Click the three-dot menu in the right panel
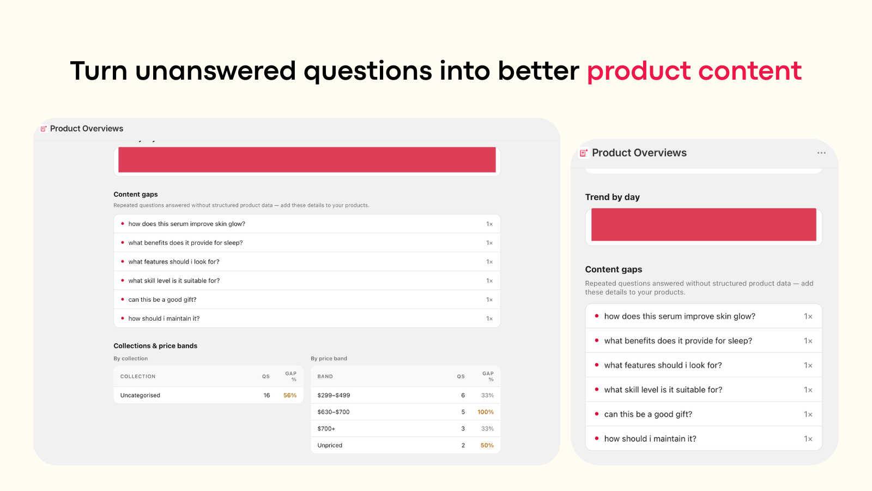click(x=821, y=153)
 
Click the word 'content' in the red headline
click(x=750, y=71)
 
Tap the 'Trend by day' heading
click(x=612, y=197)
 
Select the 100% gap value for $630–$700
click(x=486, y=412)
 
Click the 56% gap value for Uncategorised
click(x=289, y=395)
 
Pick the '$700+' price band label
click(x=326, y=429)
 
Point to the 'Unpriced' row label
click(x=330, y=445)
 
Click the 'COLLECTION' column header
click(x=138, y=376)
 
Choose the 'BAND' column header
click(x=325, y=376)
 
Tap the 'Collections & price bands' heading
click(x=155, y=346)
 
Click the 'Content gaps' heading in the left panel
click(x=136, y=194)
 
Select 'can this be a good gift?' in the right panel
click(x=648, y=414)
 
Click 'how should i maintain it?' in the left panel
click(x=164, y=319)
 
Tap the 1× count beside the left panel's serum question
click(x=489, y=224)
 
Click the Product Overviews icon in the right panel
click(x=584, y=153)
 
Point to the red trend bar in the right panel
click(x=704, y=224)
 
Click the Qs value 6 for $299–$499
click(x=463, y=395)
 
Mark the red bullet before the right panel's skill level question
click(x=596, y=390)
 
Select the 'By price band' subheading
click(x=329, y=358)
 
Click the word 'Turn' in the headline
click(x=99, y=71)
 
